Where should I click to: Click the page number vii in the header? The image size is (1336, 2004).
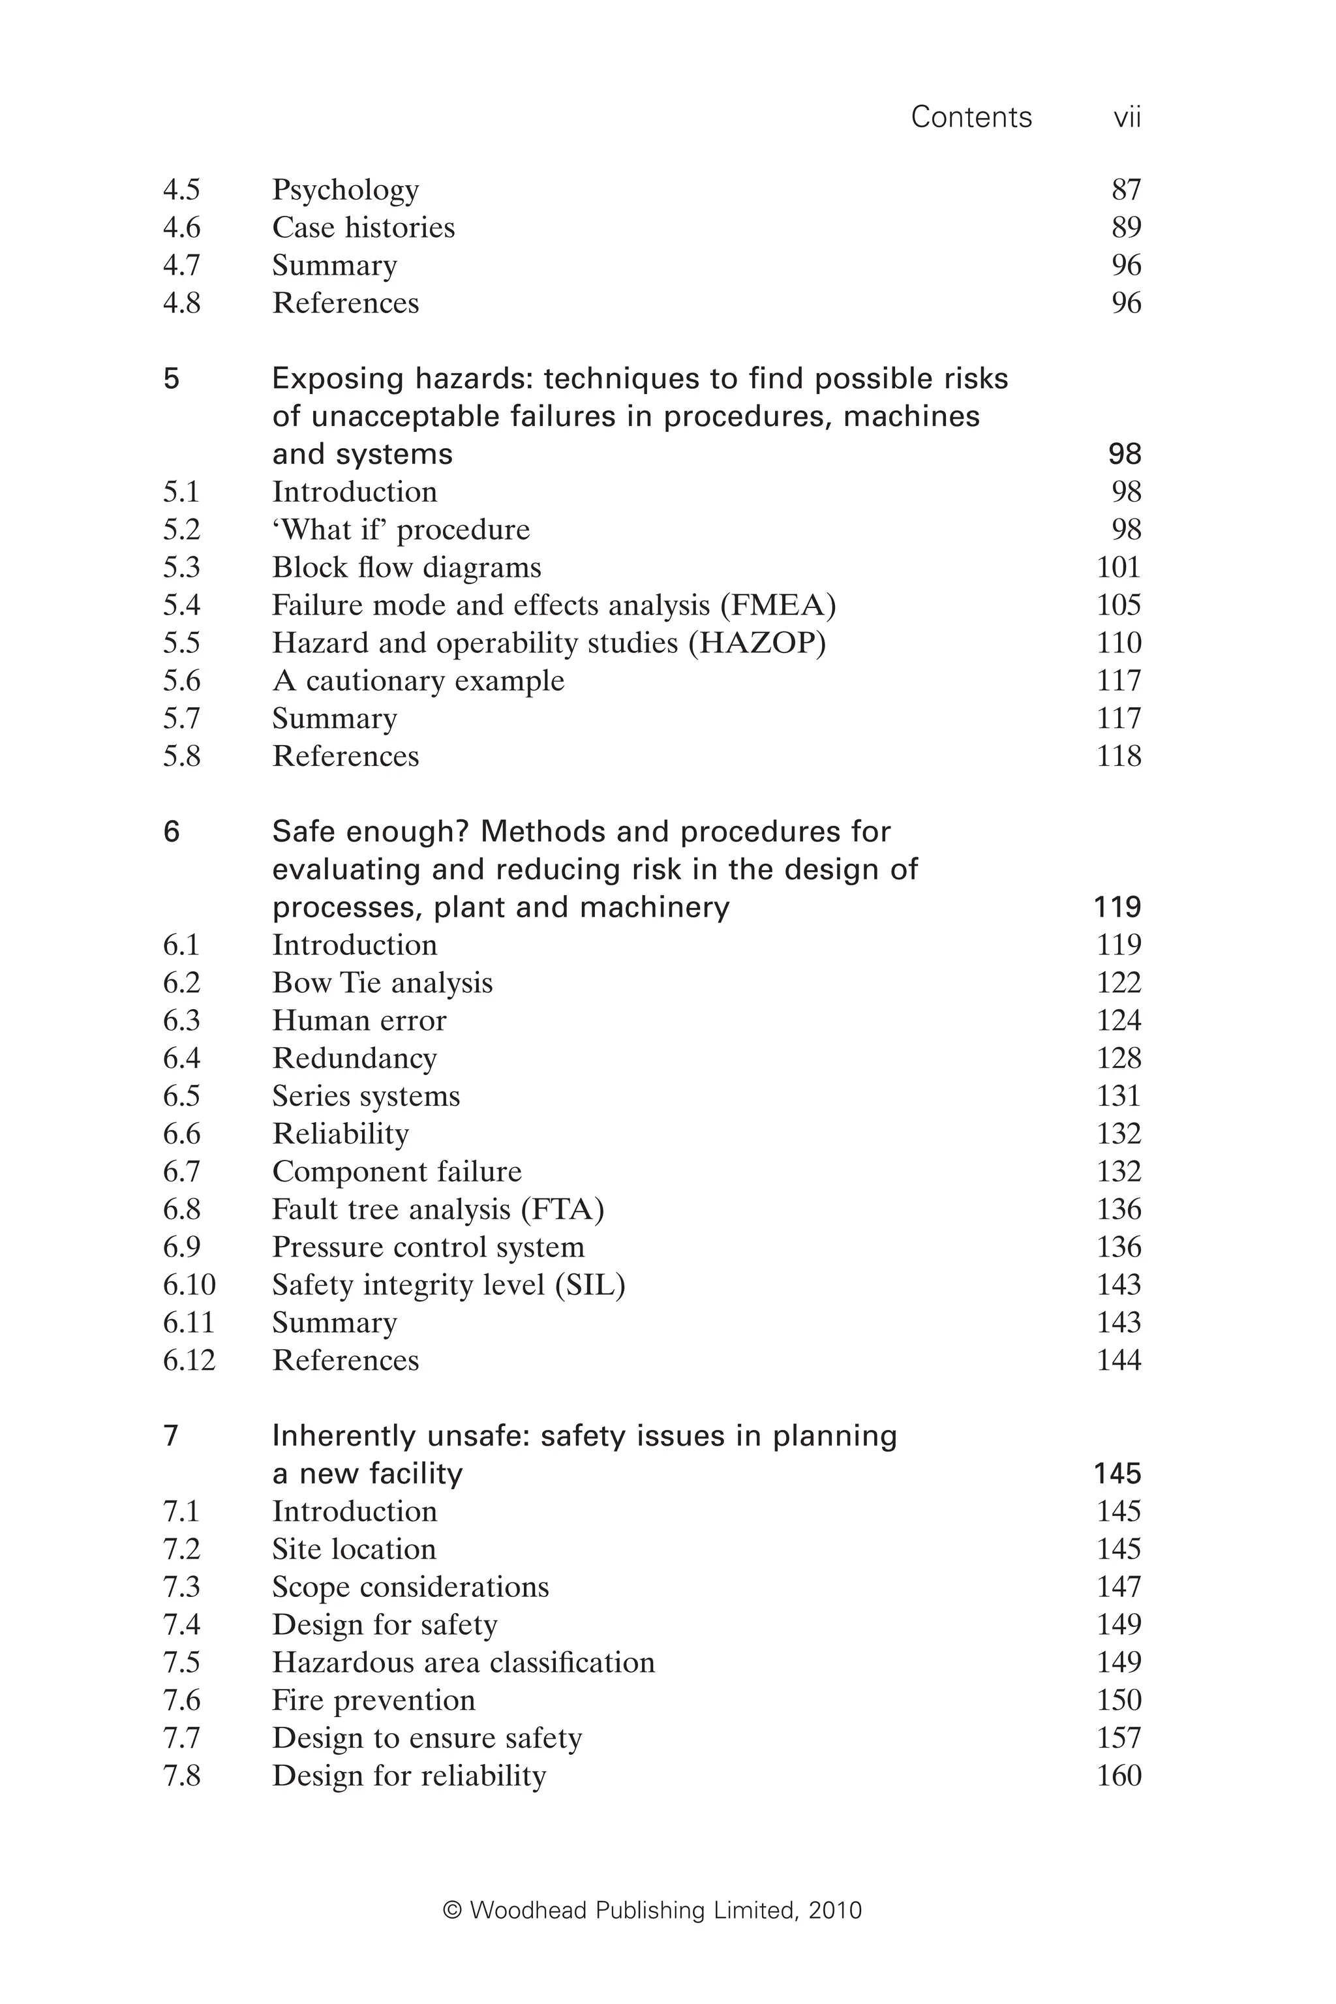click(1127, 117)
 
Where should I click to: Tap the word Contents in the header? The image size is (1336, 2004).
click(971, 117)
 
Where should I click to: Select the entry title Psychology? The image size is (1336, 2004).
click(345, 190)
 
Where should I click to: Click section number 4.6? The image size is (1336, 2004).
click(181, 228)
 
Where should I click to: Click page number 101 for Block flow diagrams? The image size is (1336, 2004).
click(1118, 568)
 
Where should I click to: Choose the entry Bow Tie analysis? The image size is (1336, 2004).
click(382, 983)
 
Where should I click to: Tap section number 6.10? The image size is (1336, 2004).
click(189, 1285)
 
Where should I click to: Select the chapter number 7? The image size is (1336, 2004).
click(172, 1436)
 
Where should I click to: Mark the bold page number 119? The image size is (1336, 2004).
click(1116, 907)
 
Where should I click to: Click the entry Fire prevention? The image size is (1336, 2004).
click(373, 1701)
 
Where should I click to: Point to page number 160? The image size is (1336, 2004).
click(1118, 1776)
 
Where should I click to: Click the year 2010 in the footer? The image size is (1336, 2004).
click(835, 1911)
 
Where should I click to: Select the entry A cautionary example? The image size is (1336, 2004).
click(417, 682)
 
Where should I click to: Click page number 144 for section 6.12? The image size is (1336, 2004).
click(1118, 1361)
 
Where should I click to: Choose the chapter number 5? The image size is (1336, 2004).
click(172, 379)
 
